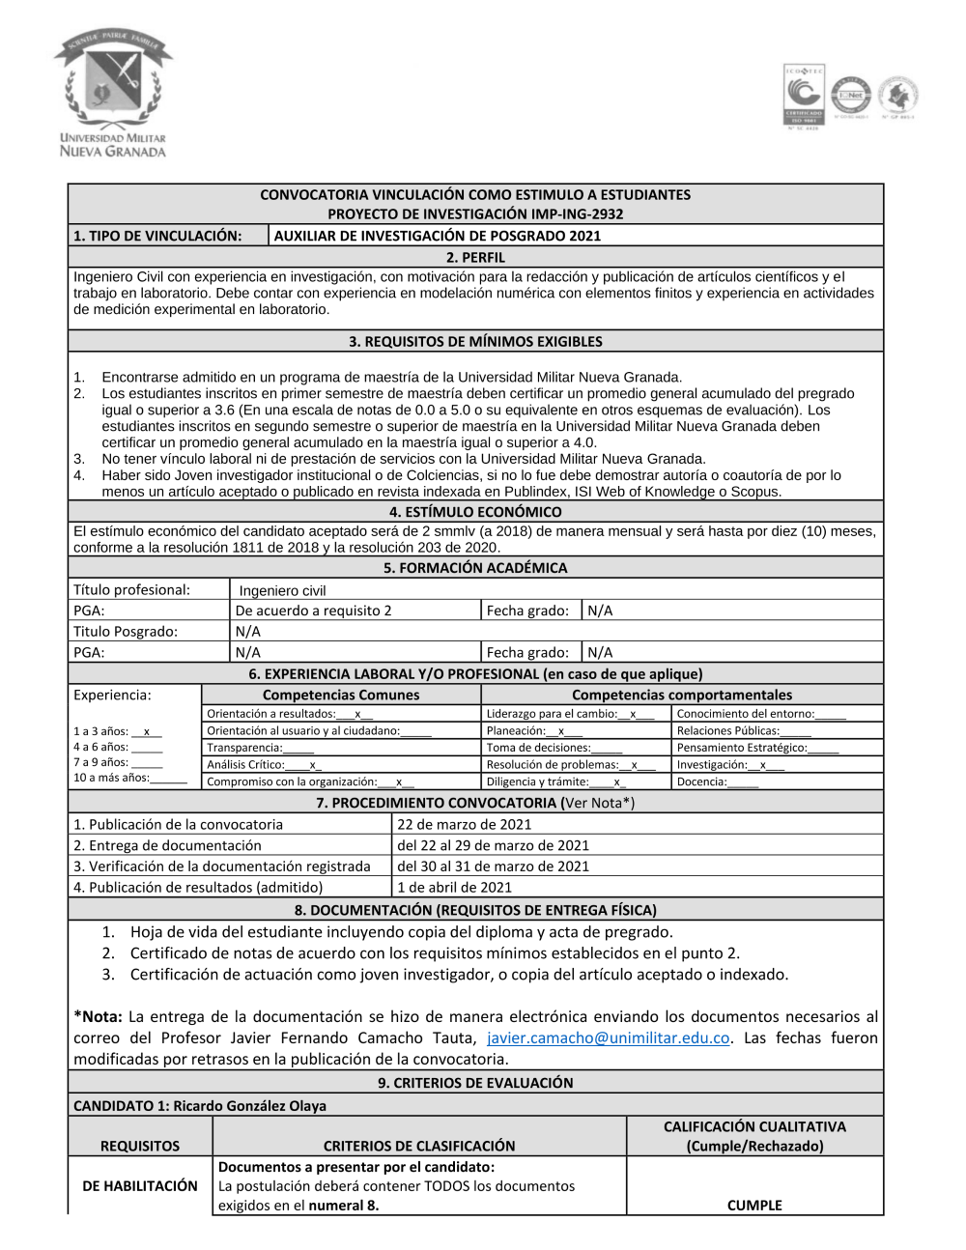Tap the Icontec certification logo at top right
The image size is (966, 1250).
click(803, 97)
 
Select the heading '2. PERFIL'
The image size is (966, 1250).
click(475, 257)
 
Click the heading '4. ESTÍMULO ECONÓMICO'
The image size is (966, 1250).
click(475, 512)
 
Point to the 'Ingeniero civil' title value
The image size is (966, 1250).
click(282, 591)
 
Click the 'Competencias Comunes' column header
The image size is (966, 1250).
click(341, 695)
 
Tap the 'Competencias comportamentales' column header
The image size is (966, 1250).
click(681, 695)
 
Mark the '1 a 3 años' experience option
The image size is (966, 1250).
click(117, 731)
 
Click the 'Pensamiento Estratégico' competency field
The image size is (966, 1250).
click(757, 748)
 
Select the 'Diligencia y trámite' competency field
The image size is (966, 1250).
click(555, 781)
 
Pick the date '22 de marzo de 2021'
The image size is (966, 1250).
click(465, 824)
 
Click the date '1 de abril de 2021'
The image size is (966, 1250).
click(455, 887)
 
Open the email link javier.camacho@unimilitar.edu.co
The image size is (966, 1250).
click(609, 1037)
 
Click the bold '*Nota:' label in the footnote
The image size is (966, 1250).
click(98, 1016)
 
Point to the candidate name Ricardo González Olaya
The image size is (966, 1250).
click(249, 1105)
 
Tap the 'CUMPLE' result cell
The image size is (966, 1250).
click(754, 1205)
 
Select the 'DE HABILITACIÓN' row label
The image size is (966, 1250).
click(140, 1185)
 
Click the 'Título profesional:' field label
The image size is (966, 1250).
click(131, 590)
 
